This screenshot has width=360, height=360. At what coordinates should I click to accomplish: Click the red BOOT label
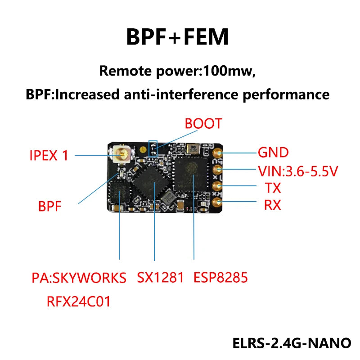[203, 124]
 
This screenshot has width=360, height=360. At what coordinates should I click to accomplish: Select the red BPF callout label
[50, 207]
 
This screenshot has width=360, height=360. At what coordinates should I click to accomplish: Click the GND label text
[273, 153]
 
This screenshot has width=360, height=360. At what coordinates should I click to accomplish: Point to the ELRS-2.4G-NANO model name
[291, 342]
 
